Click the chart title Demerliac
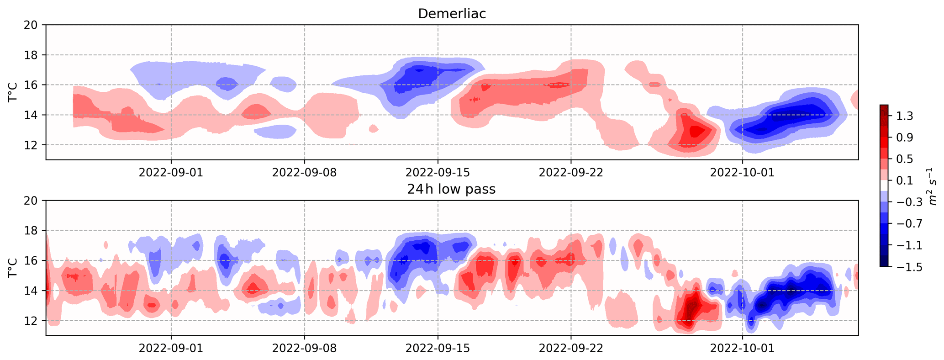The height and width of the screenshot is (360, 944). [452, 14]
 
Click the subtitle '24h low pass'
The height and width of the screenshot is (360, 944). [451, 189]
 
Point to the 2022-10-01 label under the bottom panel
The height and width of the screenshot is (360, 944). [743, 348]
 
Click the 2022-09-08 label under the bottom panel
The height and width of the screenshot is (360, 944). [305, 348]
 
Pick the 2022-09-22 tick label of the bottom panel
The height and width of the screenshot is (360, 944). [571, 348]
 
